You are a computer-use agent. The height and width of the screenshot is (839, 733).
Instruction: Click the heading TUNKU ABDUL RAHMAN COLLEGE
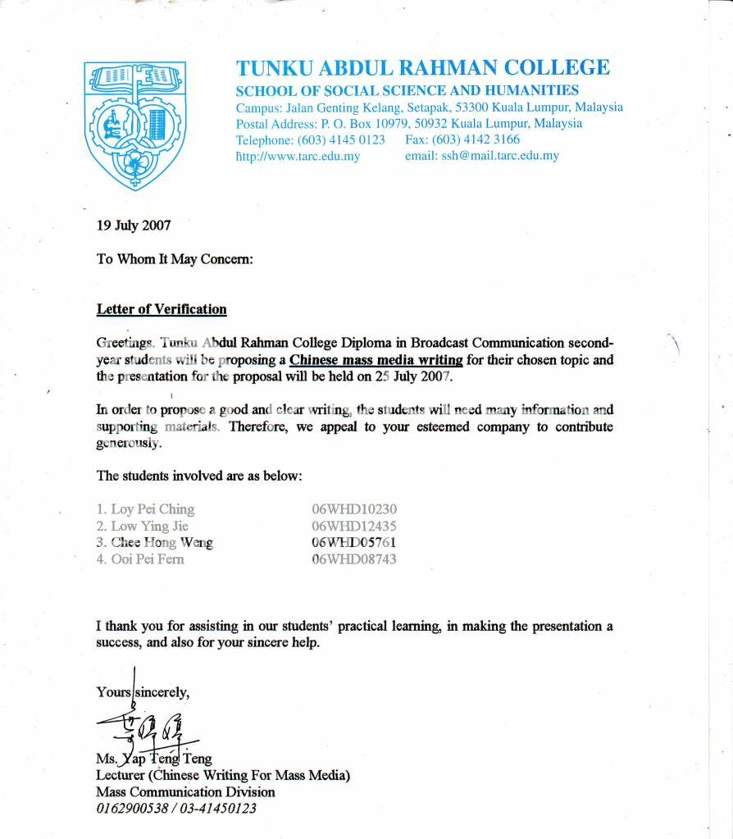point(422,68)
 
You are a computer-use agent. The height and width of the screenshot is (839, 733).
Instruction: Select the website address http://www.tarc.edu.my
point(298,156)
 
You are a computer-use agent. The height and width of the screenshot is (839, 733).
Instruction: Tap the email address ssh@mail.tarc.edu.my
point(482,156)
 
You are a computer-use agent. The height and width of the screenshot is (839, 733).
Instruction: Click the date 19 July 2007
point(134,226)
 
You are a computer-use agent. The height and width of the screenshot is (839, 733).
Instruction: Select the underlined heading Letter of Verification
point(162,309)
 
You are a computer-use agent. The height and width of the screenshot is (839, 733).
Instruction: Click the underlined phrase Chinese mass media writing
point(376,360)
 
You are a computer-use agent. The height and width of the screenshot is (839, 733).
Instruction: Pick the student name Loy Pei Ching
point(145,509)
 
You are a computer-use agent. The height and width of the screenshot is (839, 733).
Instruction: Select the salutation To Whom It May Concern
point(175,258)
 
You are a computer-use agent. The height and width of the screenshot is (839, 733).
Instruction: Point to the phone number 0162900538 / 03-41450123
point(176,809)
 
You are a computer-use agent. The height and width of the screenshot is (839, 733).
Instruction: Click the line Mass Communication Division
point(185,792)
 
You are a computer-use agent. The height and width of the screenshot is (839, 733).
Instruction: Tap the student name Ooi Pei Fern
point(140,559)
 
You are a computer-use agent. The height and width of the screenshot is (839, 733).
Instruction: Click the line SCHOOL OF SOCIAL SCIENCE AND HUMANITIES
point(407,91)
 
